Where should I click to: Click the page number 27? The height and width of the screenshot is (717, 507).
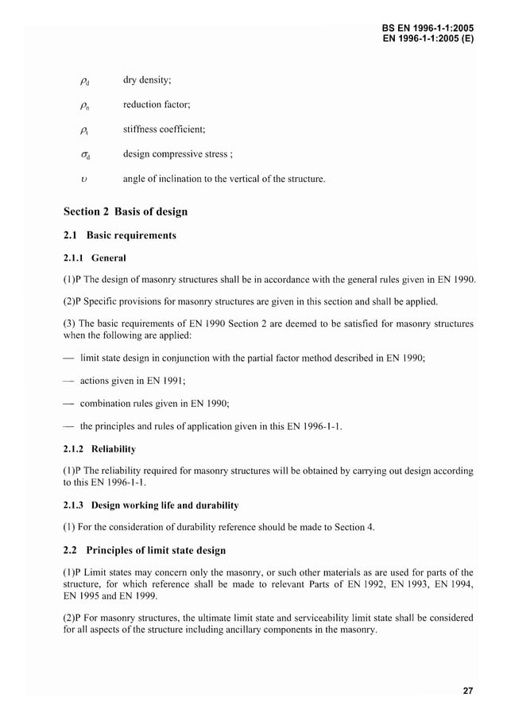pos(468,691)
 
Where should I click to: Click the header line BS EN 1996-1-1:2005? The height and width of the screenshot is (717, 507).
pos(428,28)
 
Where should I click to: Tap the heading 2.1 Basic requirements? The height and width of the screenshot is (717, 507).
pos(119,235)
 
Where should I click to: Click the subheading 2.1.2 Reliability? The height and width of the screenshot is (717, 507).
pos(99,449)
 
